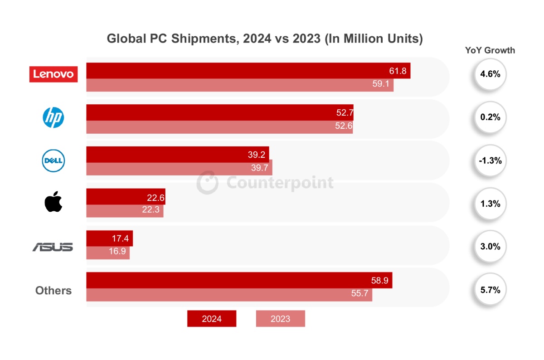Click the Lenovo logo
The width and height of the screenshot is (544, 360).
(x=53, y=74)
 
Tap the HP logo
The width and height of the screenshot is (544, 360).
(x=53, y=118)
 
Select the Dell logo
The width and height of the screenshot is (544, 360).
(x=53, y=161)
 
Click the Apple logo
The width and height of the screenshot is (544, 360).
(x=53, y=202)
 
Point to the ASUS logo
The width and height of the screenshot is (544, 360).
(x=53, y=247)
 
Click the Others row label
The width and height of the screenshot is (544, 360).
(x=53, y=291)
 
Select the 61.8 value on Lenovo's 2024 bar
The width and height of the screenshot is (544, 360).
(x=398, y=71)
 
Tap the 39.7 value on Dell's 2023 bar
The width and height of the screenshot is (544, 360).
(x=259, y=169)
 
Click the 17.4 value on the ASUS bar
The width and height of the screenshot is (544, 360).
(x=120, y=238)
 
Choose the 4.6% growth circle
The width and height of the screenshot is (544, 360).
(x=490, y=74)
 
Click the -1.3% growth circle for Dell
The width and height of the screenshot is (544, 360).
(x=490, y=161)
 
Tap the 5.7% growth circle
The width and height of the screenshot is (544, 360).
(x=490, y=290)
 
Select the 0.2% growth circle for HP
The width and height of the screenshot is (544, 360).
(x=490, y=117)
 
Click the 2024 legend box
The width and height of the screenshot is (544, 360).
(x=212, y=319)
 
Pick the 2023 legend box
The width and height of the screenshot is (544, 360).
(x=280, y=319)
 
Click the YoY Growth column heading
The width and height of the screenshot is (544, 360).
(x=490, y=50)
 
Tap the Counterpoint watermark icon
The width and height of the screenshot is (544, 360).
(x=207, y=183)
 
